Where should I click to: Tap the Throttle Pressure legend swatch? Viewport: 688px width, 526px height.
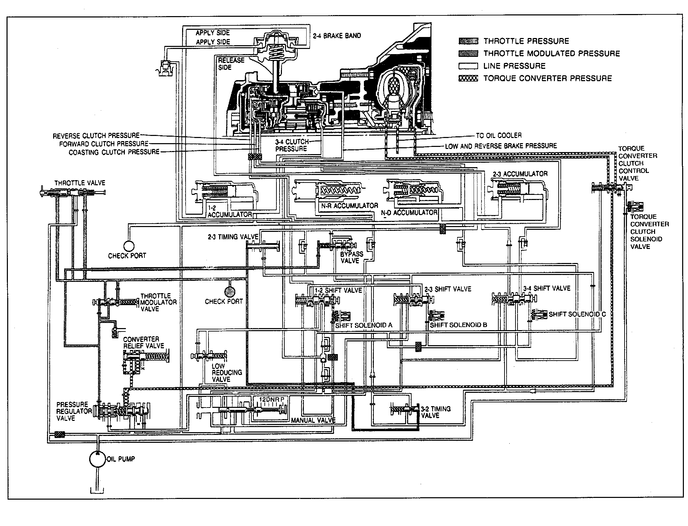[468, 41]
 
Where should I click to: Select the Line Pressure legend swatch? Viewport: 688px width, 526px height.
[468, 66]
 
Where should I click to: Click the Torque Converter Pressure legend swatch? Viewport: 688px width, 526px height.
[468, 78]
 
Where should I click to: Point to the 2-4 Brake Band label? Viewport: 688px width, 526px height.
[336, 36]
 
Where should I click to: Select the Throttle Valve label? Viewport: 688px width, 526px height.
[80, 183]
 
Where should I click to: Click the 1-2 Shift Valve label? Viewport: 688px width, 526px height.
[338, 290]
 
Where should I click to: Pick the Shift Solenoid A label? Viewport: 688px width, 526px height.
[364, 325]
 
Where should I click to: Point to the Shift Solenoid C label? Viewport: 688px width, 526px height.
[577, 314]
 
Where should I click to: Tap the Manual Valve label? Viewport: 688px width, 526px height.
[313, 420]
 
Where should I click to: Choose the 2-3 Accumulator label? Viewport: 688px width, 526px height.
[520, 174]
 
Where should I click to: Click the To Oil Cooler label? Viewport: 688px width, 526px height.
[499, 136]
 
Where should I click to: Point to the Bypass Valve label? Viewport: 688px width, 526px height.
[352, 257]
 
